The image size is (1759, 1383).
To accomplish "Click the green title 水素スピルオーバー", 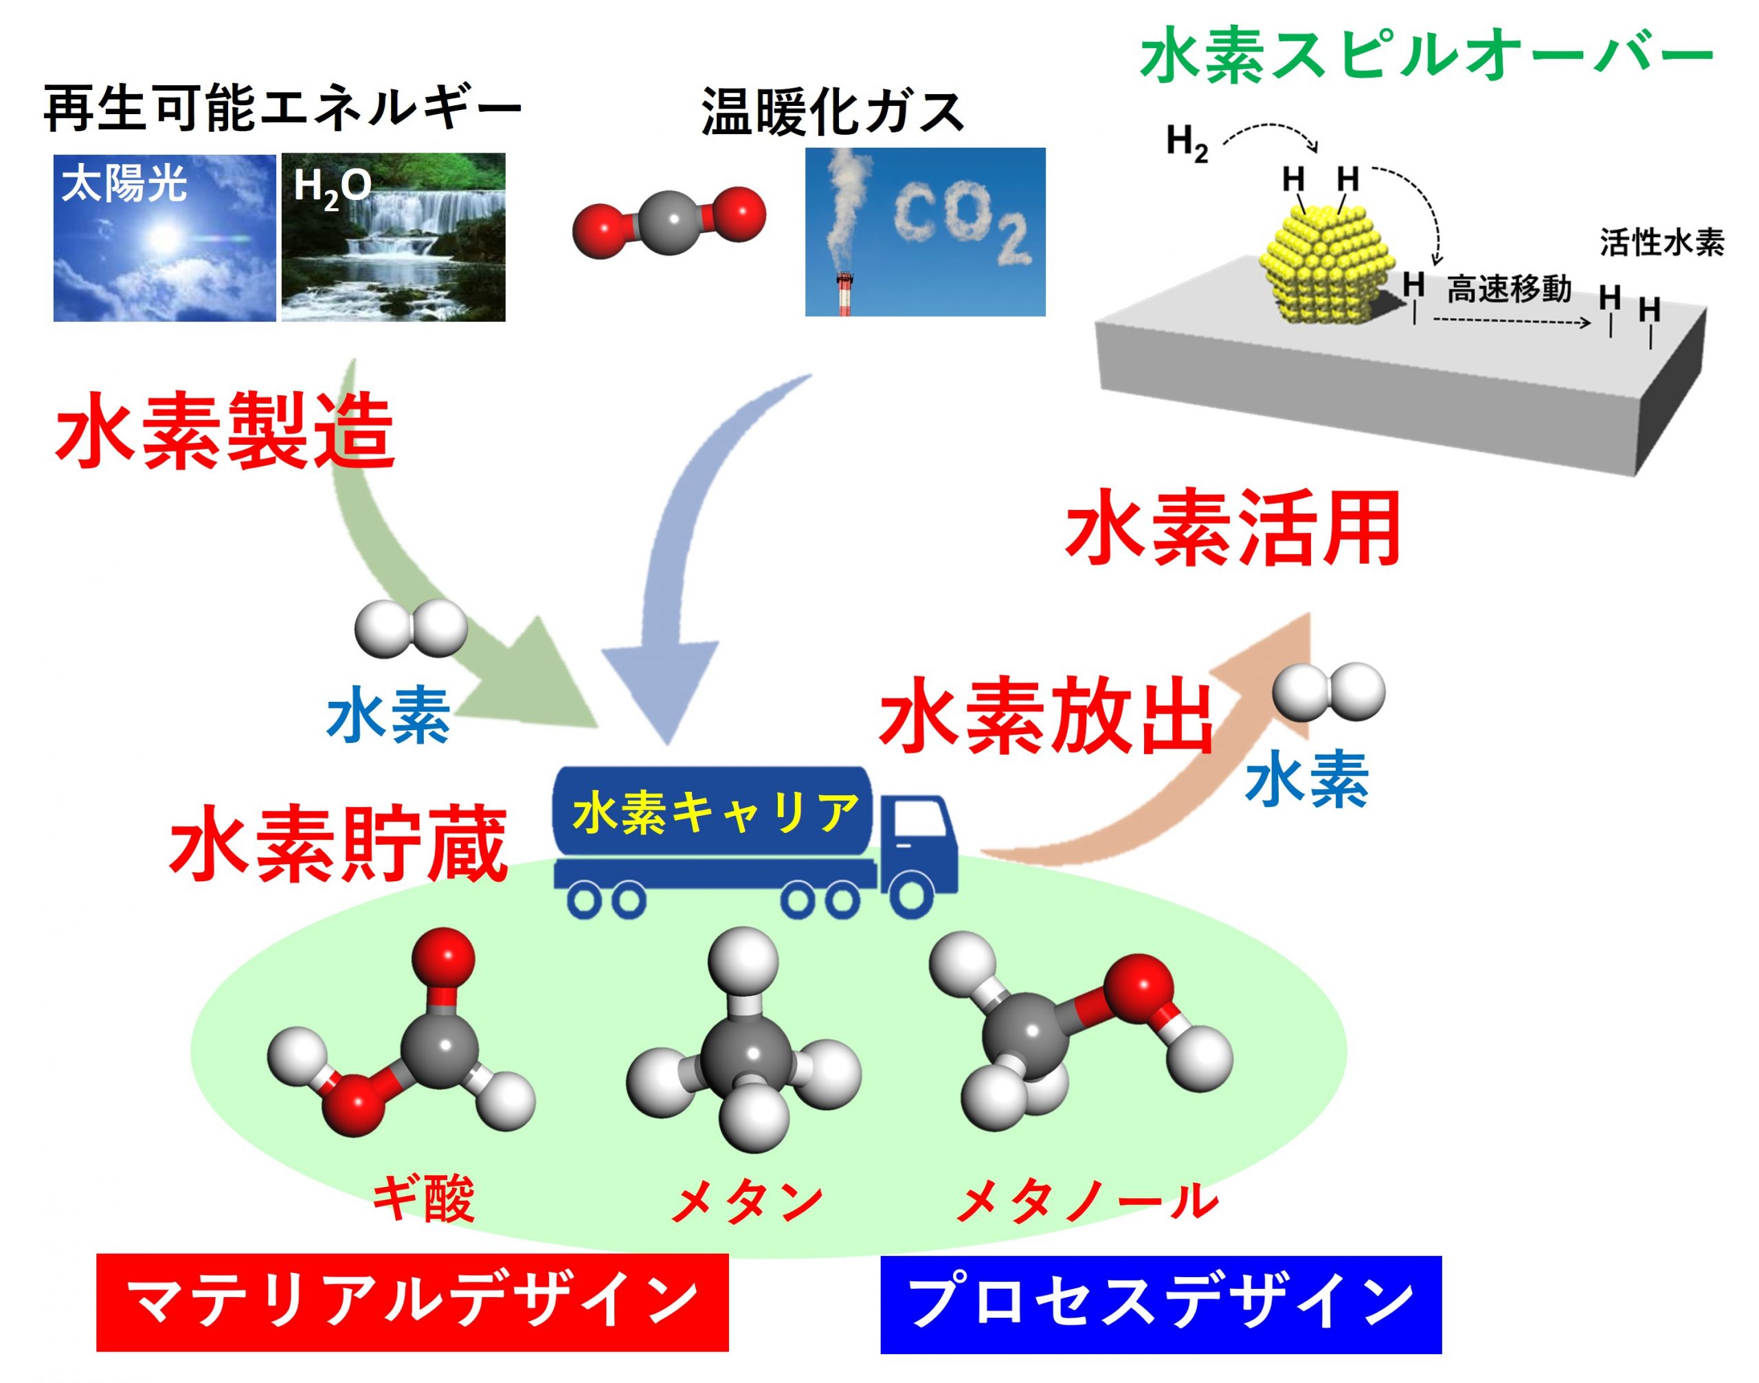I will (x=1426, y=55).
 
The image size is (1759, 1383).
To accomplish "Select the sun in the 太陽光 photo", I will (x=164, y=237).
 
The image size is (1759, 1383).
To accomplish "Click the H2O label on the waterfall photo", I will (x=332, y=188).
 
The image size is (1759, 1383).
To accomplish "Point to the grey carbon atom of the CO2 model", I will (x=669, y=223).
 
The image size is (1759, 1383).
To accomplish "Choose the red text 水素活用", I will (x=1232, y=529).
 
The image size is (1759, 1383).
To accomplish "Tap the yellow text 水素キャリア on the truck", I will (x=715, y=812).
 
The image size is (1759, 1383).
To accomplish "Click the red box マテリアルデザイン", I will (x=412, y=1301).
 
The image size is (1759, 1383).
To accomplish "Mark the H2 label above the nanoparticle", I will (x=1187, y=144).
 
